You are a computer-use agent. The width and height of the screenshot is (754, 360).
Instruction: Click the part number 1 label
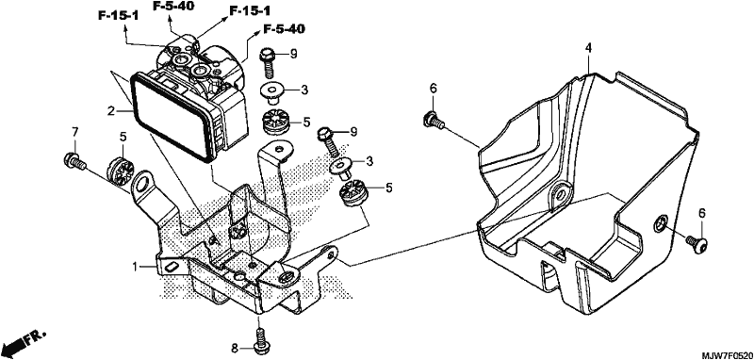point(136,266)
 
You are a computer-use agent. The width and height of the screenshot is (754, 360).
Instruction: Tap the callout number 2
point(111,111)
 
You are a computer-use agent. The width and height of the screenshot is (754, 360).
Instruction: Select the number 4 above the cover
point(588,47)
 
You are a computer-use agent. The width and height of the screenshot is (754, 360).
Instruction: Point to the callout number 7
point(74,131)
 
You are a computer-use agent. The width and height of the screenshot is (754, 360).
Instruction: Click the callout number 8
point(235,348)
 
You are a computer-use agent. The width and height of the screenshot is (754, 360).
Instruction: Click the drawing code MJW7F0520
point(726,355)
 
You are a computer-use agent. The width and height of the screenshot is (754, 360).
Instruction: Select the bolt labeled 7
point(74,161)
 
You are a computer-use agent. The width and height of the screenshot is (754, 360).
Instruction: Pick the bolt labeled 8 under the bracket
point(260,339)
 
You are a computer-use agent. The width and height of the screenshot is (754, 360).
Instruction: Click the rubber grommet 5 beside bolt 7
point(120,170)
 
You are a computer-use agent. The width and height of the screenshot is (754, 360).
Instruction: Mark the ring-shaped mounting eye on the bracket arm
point(142,184)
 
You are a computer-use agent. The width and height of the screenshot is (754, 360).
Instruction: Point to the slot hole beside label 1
point(171,267)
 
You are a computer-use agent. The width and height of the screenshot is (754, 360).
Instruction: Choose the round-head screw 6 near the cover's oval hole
point(697,243)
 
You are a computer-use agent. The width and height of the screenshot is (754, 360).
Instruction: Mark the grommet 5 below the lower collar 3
point(352,191)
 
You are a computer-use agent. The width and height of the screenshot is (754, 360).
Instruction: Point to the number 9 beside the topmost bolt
point(293,54)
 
